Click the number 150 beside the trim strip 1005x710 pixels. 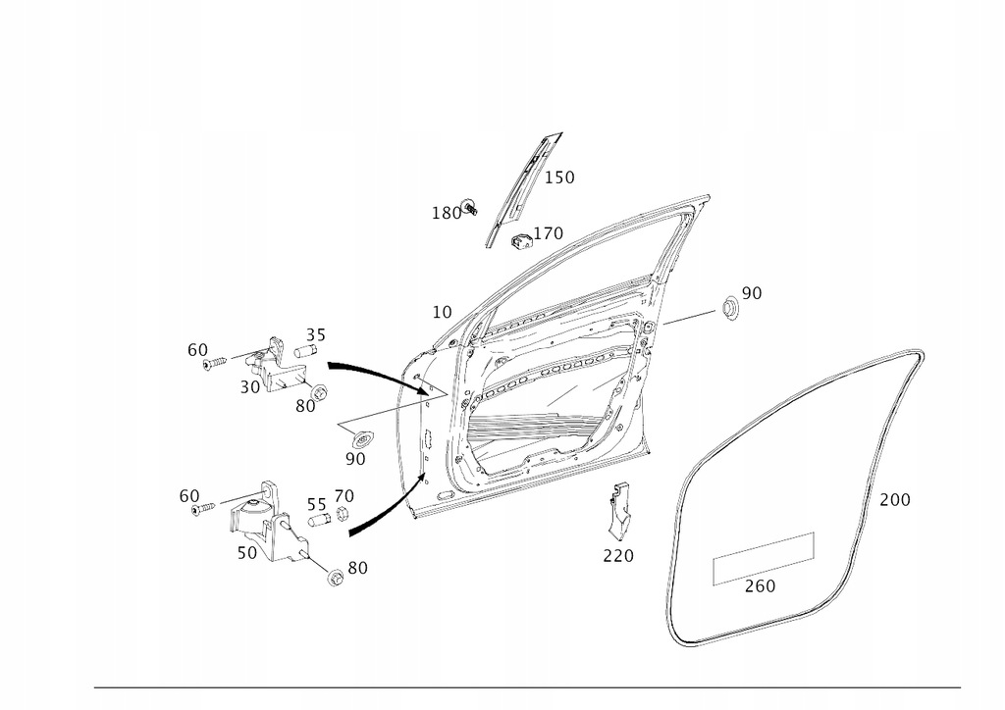coord(559,177)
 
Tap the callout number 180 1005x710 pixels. coord(446,213)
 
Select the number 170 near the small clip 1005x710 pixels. coord(548,233)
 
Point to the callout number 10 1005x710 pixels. coord(442,312)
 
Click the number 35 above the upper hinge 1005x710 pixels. coord(315,333)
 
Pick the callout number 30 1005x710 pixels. coord(249,386)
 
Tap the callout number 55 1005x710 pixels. coord(316,504)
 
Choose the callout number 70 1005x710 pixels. coord(344,495)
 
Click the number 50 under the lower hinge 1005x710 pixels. coord(246,552)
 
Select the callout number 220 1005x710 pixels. coord(618,556)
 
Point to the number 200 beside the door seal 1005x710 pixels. coord(894,499)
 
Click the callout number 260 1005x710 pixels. coord(760,586)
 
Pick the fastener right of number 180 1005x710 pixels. coord(469,206)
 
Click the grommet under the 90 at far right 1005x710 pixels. coord(729,308)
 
